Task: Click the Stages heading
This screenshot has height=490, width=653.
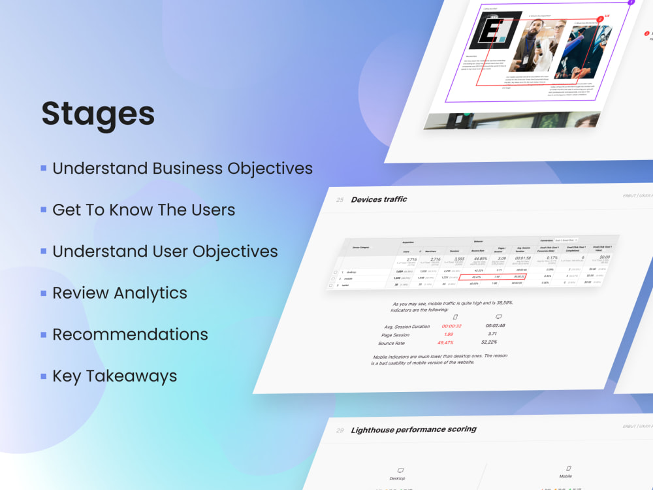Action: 98,114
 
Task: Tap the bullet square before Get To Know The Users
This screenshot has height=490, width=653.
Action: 43,210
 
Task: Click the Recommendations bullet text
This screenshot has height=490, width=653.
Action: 130,335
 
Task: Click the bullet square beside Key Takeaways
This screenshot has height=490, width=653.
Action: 43,376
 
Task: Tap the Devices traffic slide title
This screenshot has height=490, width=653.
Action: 379,199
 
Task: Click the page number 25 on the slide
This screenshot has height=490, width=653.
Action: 340,200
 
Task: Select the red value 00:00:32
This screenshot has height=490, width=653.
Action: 452,325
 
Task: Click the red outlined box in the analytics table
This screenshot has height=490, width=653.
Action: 502,277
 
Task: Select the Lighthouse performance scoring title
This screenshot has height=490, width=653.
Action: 413,430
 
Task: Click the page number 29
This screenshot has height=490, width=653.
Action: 340,431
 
